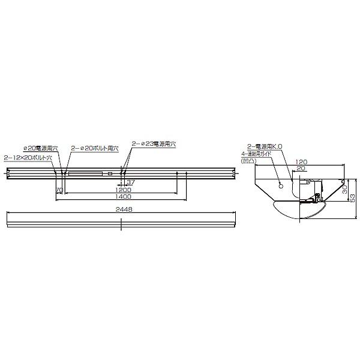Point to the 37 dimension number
point(131,182)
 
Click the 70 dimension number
point(59,190)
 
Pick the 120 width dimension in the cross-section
point(301,162)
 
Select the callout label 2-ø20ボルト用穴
point(95,148)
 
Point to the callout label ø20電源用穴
point(40,148)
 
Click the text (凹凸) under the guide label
point(247,161)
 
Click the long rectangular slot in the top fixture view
point(85,174)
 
